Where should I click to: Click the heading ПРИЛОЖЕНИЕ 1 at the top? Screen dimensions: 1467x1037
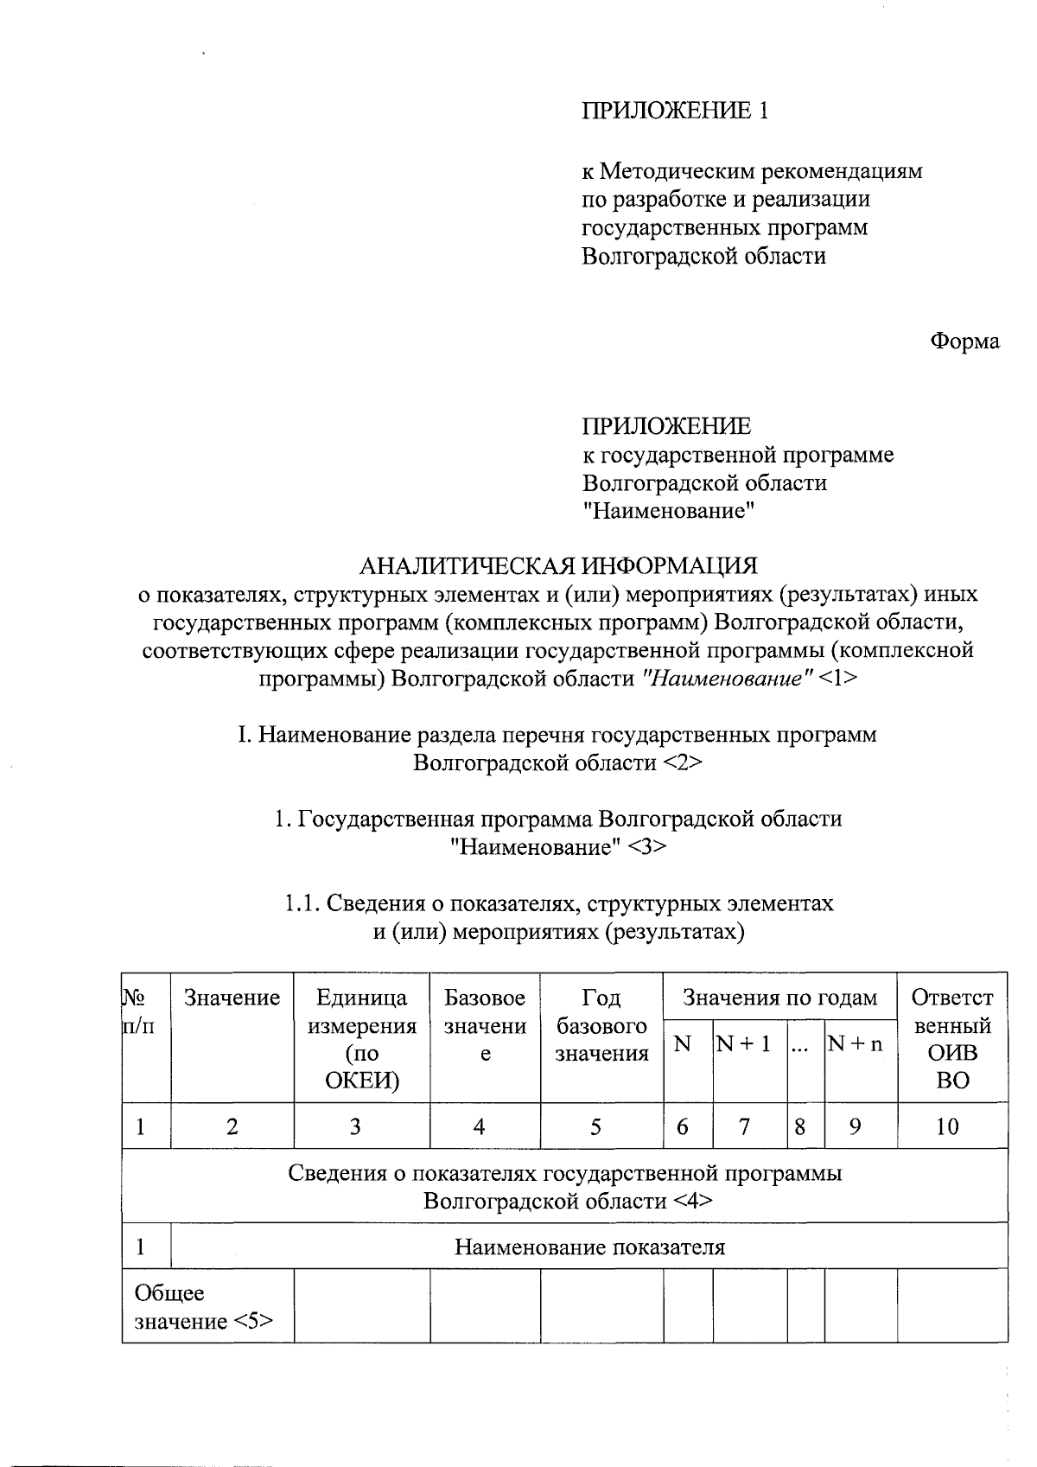pos(674,111)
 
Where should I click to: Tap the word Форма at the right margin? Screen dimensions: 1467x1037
pos(964,341)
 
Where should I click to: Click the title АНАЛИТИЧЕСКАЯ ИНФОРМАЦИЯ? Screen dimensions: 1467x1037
pos(557,566)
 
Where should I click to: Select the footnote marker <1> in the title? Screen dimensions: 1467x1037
pos(838,679)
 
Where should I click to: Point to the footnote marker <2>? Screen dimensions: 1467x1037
pos(683,763)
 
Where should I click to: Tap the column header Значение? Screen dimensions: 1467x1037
pos(232,998)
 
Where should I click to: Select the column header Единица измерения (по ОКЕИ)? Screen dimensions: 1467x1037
pos(361,1039)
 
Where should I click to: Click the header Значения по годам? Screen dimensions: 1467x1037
pos(779,998)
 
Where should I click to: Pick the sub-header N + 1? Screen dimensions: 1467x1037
pos(743,1044)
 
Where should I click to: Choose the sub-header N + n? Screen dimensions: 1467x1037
pos(856,1044)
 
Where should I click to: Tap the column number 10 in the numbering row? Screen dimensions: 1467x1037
pos(947,1126)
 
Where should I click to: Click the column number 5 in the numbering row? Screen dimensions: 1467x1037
pos(595,1126)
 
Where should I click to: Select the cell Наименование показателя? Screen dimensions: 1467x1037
pos(589,1247)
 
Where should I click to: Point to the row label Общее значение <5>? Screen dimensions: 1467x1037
pos(204,1307)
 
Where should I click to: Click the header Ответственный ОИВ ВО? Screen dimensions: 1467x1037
pos(952,1039)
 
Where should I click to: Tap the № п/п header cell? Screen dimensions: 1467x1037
pos(140,1012)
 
